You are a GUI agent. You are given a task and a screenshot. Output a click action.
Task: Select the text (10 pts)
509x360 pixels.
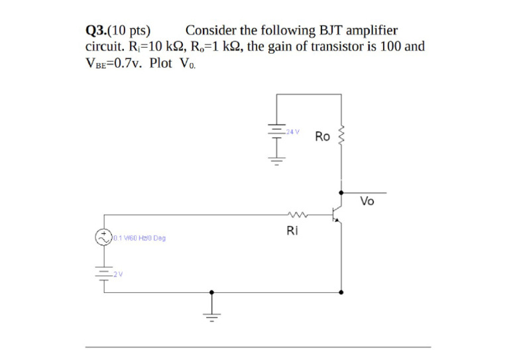(x=129, y=30)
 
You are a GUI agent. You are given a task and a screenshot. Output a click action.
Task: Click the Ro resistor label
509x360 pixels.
(x=323, y=137)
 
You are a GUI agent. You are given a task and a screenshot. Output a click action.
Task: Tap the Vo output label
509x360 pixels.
(x=367, y=202)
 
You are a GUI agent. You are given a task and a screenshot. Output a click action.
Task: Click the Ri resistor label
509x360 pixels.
(x=292, y=231)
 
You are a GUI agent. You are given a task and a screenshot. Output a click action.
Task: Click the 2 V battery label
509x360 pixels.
(x=117, y=274)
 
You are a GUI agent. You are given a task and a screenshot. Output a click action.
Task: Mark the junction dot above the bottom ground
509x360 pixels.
(x=212, y=292)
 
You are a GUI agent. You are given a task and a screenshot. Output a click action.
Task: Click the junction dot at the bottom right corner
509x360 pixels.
(x=341, y=292)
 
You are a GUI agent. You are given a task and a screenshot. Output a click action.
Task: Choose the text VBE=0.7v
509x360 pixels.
(x=115, y=64)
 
